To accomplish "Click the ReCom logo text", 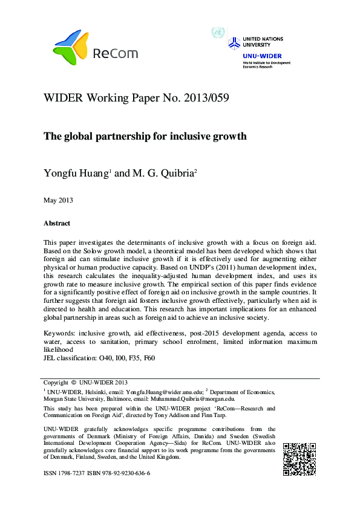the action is [115, 54].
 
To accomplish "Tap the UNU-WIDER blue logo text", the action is [257, 56].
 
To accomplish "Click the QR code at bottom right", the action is [299, 459].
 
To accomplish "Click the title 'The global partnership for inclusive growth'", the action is [145, 136].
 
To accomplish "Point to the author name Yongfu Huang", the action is [76, 173].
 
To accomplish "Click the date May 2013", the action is [57, 199].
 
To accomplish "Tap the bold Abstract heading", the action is [57, 223].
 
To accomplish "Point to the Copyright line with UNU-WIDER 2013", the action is [85, 382].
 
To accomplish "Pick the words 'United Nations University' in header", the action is [263, 41].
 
